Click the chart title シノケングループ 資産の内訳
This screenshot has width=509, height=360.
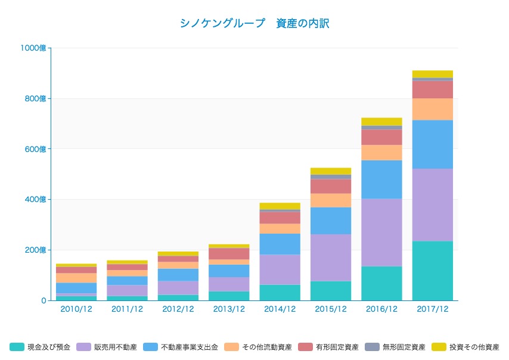[254, 24]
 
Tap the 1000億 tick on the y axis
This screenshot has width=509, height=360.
[34, 48]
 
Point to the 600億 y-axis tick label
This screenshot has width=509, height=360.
[36, 149]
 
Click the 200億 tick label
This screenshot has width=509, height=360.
[36, 250]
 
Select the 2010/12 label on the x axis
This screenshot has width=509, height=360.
[76, 309]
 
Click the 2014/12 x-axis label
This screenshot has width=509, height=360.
[280, 309]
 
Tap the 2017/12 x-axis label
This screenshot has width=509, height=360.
[432, 309]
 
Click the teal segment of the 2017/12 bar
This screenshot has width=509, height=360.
[432, 271]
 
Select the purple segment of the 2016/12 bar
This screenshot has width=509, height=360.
[381, 232]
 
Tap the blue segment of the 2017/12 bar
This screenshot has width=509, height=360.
[432, 144]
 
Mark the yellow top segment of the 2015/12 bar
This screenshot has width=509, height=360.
[331, 171]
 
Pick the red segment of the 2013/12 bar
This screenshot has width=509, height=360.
[229, 254]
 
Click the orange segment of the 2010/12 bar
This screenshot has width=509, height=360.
[76, 278]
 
